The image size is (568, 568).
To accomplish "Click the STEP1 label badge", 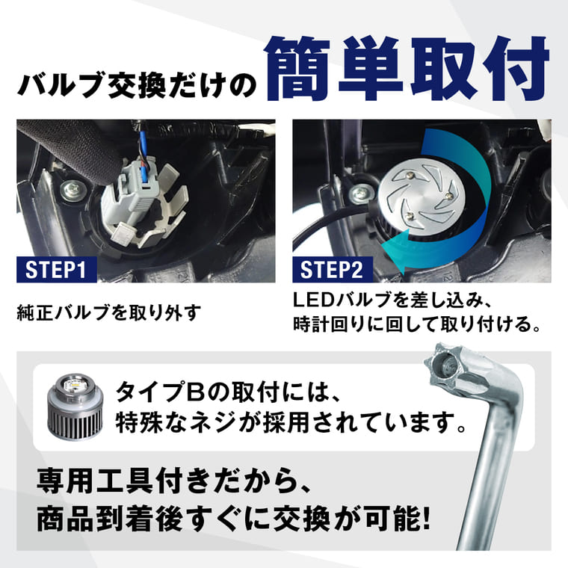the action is tap(57, 270).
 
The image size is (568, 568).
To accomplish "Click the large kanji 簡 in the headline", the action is tap(297, 69).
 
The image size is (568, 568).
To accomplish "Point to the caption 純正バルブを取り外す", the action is tap(108, 312).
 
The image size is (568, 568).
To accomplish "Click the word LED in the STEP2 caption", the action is tap(313, 300).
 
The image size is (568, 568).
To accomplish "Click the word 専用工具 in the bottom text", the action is tap(96, 481).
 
